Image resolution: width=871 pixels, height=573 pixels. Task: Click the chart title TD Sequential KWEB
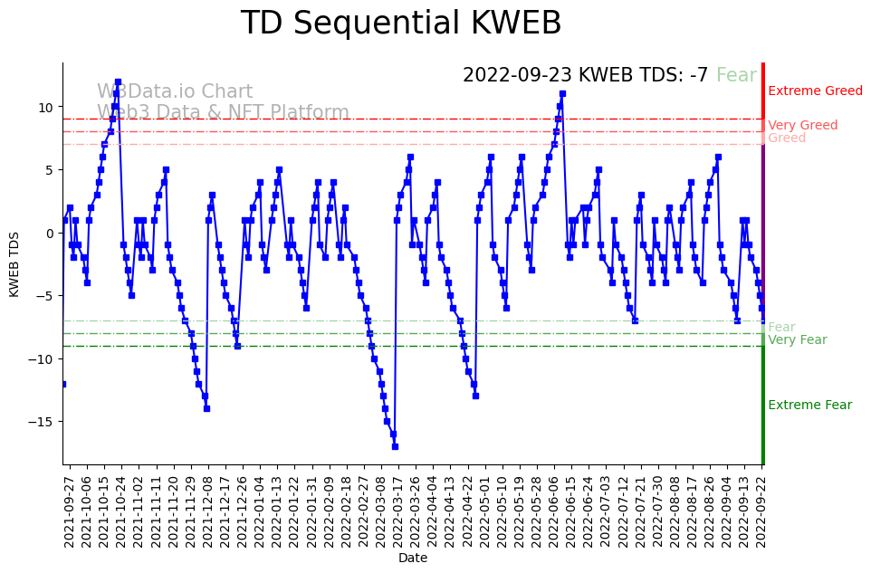(400, 24)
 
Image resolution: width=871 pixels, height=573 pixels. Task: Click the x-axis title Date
(413, 559)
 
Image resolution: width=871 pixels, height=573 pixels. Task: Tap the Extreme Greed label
(815, 91)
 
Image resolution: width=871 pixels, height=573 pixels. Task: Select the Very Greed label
(802, 126)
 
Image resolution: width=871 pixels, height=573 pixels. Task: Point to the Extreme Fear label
(809, 406)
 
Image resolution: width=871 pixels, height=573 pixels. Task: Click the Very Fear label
(797, 340)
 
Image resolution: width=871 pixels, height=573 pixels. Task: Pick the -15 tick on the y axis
(42, 422)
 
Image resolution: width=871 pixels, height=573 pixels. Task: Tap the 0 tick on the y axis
(51, 233)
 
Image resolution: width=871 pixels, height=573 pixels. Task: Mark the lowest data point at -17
(395, 446)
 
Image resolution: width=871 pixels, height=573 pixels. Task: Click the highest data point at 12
(118, 81)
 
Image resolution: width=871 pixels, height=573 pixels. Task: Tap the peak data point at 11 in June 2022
(562, 94)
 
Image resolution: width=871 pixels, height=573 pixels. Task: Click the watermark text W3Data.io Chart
(175, 92)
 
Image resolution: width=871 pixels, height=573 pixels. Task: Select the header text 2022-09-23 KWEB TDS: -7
(585, 76)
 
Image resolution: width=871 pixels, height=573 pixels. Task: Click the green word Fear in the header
(736, 76)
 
